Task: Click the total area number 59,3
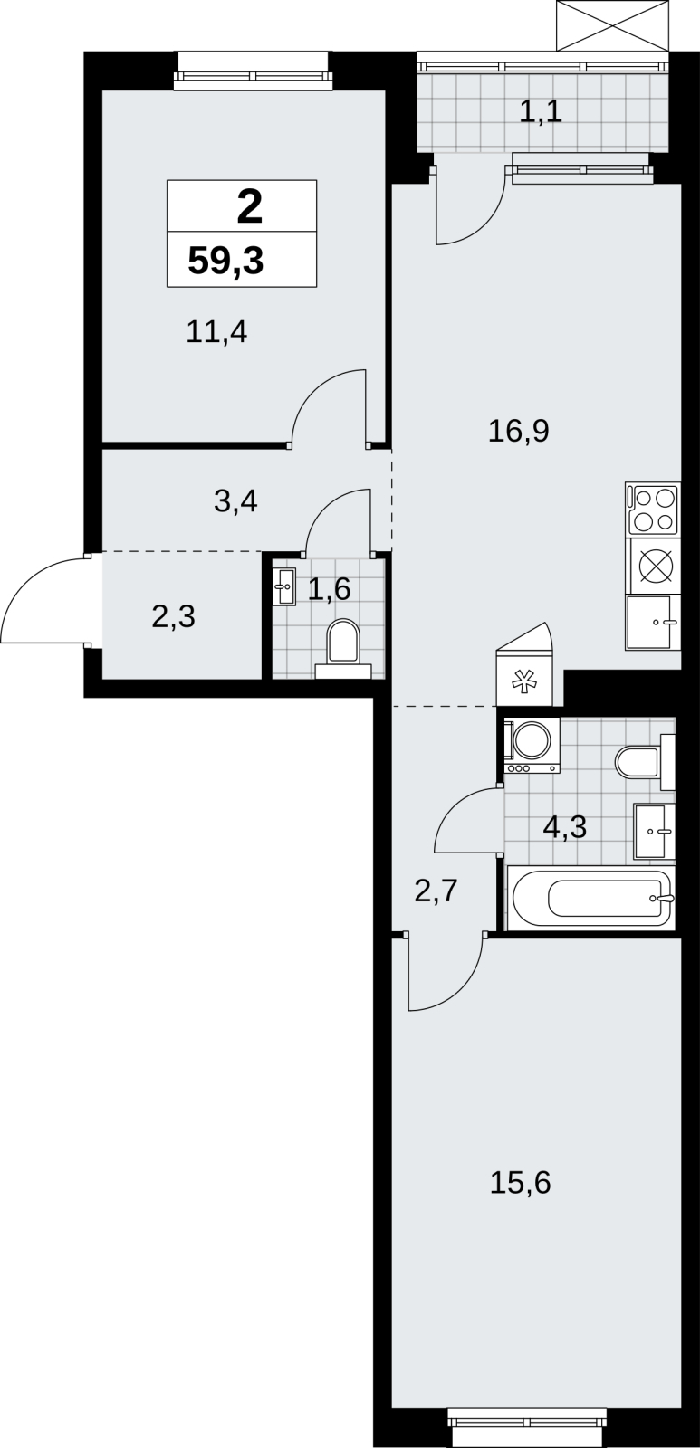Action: click(x=225, y=262)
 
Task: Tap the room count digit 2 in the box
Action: click(x=250, y=207)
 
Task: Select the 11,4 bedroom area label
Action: click(x=216, y=333)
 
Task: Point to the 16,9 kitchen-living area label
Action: click(x=519, y=431)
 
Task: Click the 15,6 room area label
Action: click(x=520, y=1183)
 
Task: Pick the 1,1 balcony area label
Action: click(x=541, y=112)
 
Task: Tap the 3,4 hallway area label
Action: click(x=235, y=501)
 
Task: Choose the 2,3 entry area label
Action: click(x=173, y=616)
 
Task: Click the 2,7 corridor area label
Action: click(x=436, y=891)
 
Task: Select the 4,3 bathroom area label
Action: click(x=565, y=827)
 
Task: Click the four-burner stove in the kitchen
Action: click(x=653, y=510)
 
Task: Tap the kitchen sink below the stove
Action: click(x=653, y=622)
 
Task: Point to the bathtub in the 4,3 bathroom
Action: click(x=590, y=898)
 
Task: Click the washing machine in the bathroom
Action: click(x=532, y=746)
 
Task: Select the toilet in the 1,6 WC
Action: click(x=343, y=649)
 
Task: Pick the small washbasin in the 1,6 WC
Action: click(x=283, y=587)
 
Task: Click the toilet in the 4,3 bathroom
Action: click(x=645, y=762)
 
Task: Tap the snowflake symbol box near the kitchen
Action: click(x=524, y=679)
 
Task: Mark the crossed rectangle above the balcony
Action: click(x=613, y=25)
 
